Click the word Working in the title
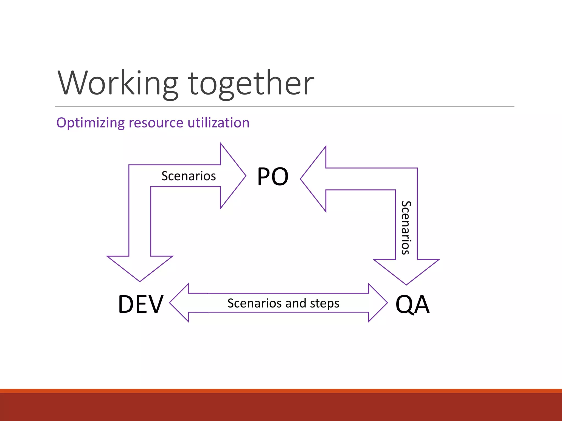click(x=118, y=83)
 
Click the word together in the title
click(x=251, y=83)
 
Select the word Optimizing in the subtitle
click(x=91, y=123)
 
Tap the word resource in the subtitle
click(x=156, y=123)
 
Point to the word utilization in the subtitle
click(x=218, y=123)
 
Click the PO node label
click(x=273, y=177)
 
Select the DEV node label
click(x=141, y=304)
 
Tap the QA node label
click(x=412, y=304)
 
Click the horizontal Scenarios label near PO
click(x=189, y=176)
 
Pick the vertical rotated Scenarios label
click(x=406, y=227)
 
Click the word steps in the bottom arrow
click(x=324, y=303)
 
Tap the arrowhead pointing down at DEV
click(x=140, y=267)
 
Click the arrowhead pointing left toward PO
click(x=314, y=179)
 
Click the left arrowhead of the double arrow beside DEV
click(x=180, y=303)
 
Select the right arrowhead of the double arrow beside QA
click(x=377, y=303)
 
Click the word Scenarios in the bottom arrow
click(x=254, y=303)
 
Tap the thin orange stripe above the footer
click(x=281, y=391)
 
